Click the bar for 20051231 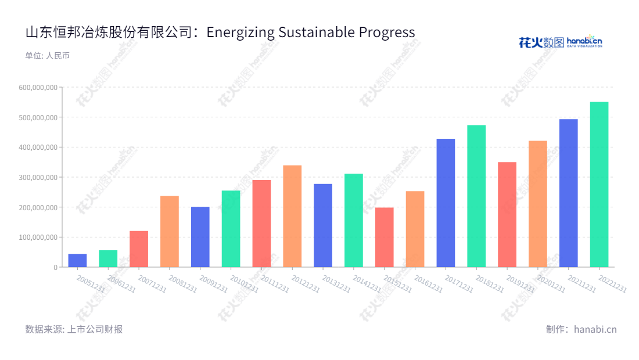pyautogui.click(x=77, y=261)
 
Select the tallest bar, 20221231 pyautogui.click(x=599, y=185)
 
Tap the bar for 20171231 pyautogui.click(x=446, y=203)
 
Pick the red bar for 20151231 pyautogui.click(x=384, y=237)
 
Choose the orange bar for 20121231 pyautogui.click(x=292, y=216)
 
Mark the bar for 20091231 pyautogui.click(x=200, y=237)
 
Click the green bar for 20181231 pyautogui.click(x=476, y=196)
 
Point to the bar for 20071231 pyautogui.click(x=139, y=249)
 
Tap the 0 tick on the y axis pyautogui.click(x=56, y=267)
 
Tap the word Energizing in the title pyautogui.click(x=240, y=32)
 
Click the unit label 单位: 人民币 pyautogui.click(x=47, y=56)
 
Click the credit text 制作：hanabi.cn pyautogui.click(x=581, y=329)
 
